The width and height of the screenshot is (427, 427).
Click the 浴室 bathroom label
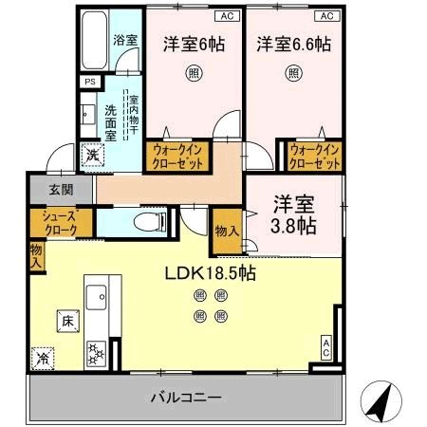pyautogui.click(x=125, y=42)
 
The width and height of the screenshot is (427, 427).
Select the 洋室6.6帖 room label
pyautogui.click(x=292, y=43)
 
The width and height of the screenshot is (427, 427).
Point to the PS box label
pyautogui.click(x=90, y=83)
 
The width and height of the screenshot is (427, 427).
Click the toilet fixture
pyautogui.click(x=152, y=221)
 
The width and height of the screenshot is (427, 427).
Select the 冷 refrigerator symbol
pyautogui.click(x=44, y=359)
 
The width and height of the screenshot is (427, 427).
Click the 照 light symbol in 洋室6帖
pyautogui.click(x=192, y=72)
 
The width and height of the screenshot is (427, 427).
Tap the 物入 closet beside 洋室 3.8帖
pyautogui.click(x=226, y=231)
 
